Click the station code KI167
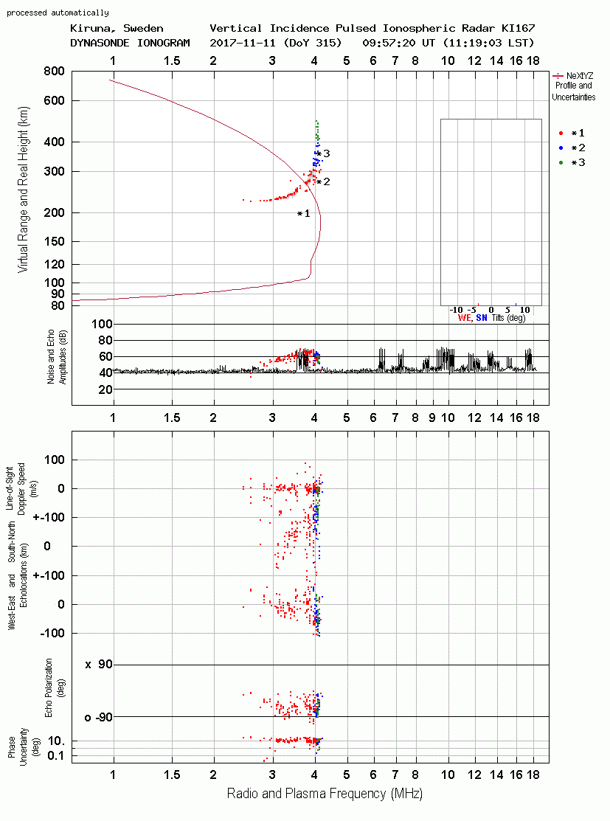coord(518,28)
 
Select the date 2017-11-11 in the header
coord(243,43)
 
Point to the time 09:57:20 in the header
coord(389,43)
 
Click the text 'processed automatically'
coord(58,13)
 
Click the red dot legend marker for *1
coord(561,134)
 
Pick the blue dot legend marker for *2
coord(561,148)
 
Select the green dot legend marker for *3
coord(561,163)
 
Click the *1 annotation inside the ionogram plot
coord(304,214)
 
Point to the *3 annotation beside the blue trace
coord(324,153)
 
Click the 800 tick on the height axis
coord(54,72)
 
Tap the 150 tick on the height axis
coord(54,242)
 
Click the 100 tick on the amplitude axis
coord(102,324)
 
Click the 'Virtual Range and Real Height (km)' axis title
coord(23,190)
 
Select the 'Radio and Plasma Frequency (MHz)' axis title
coord(325,794)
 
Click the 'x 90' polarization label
coord(98,665)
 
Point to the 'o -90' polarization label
coord(98,717)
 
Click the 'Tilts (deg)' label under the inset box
coord(508,318)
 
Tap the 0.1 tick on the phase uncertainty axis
coord(55,755)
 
